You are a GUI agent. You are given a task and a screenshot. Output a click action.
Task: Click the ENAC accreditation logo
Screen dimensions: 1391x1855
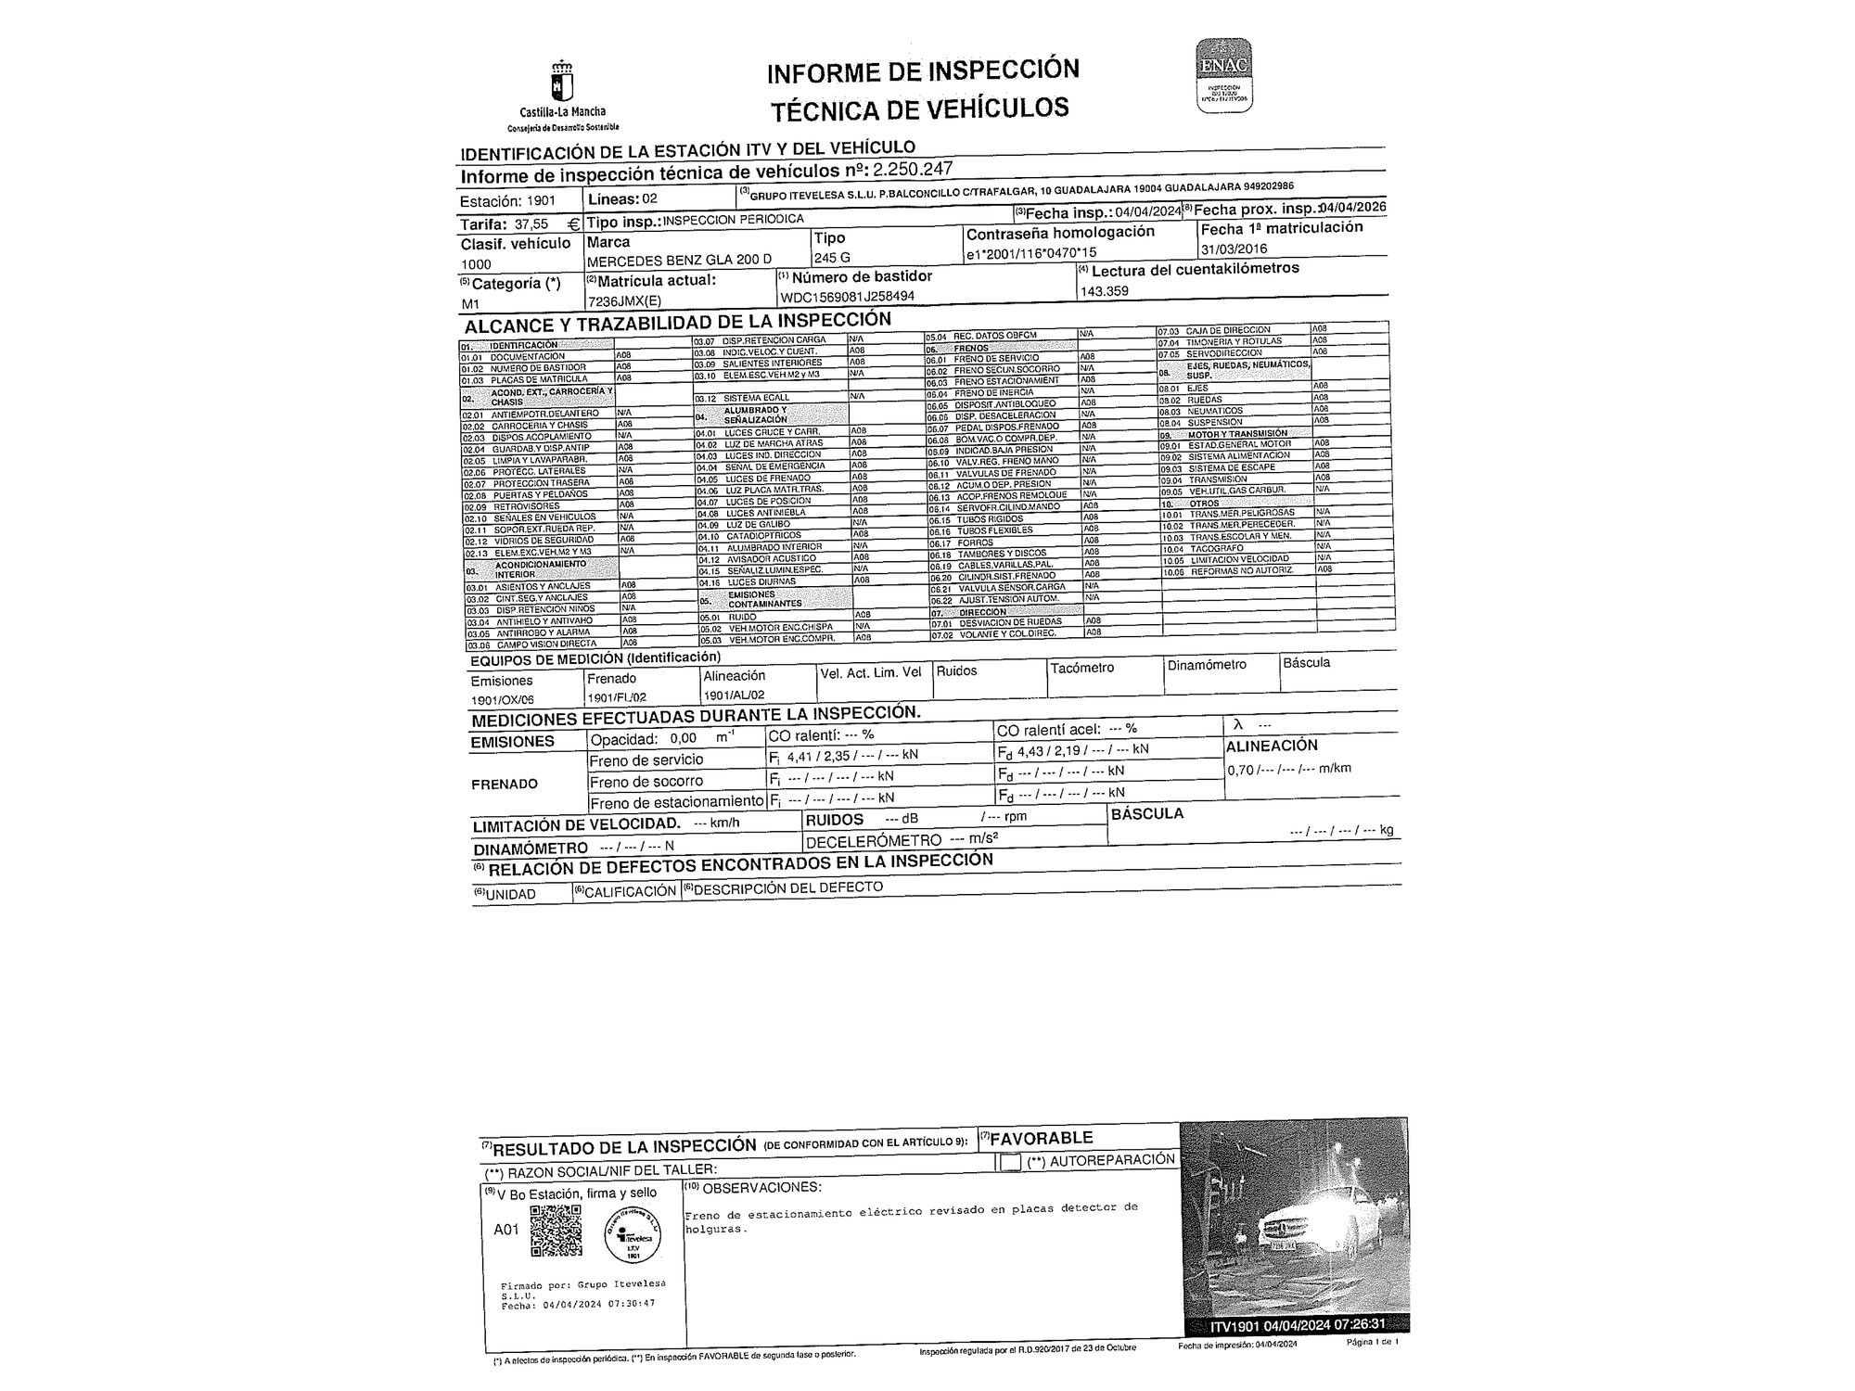tap(1223, 75)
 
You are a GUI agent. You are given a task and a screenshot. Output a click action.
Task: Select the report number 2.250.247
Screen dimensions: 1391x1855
tap(913, 169)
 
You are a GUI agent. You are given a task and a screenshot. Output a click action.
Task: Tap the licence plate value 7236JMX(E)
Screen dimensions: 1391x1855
tap(624, 301)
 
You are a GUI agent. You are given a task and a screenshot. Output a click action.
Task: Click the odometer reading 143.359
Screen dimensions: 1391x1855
tap(1105, 290)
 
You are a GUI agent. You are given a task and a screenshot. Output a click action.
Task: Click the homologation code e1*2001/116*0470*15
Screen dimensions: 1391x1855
tap(1030, 253)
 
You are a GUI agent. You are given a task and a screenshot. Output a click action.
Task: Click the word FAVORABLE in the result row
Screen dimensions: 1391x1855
tap(1042, 1138)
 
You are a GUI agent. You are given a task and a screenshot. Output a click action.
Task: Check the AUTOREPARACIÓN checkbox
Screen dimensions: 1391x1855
tap(1010, 1162)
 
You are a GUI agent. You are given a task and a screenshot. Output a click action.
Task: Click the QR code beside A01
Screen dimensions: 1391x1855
tap(556, 1231)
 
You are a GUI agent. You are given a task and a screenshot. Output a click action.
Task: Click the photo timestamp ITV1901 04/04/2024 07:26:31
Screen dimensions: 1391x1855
tap(1297, 1323)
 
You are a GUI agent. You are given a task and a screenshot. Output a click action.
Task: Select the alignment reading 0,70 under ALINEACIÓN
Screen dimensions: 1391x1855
tap(1240, 770)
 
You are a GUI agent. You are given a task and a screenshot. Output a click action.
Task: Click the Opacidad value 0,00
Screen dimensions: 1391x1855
tap(683, 739)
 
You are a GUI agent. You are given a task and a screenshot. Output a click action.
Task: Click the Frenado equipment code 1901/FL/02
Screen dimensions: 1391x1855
tap(616, 697)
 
